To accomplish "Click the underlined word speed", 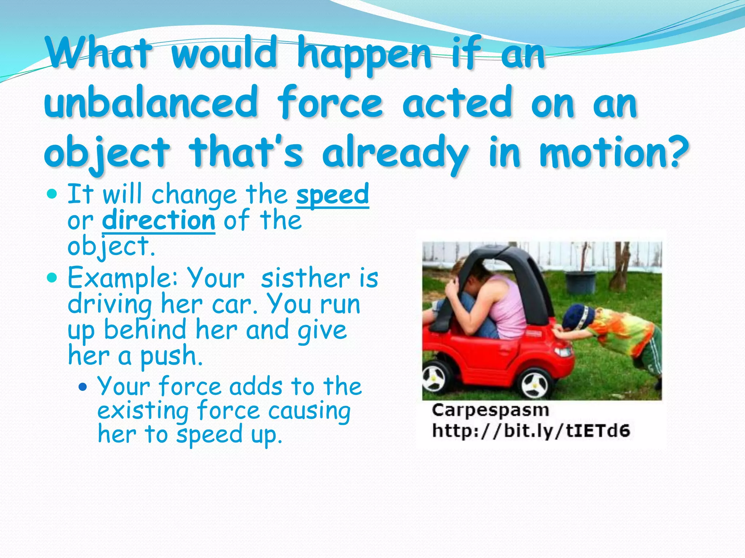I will coord(332,195).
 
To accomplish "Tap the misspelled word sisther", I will coord(305,278).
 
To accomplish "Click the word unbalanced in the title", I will coord(151,102).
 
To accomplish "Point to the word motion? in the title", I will coord(614,153).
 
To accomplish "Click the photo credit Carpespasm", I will coord(490,411).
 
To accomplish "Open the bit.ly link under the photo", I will coord(531,431).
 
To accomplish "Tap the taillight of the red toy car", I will coord(562,351).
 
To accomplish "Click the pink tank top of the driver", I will coord(509,309).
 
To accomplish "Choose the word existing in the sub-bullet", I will coord(143,411).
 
